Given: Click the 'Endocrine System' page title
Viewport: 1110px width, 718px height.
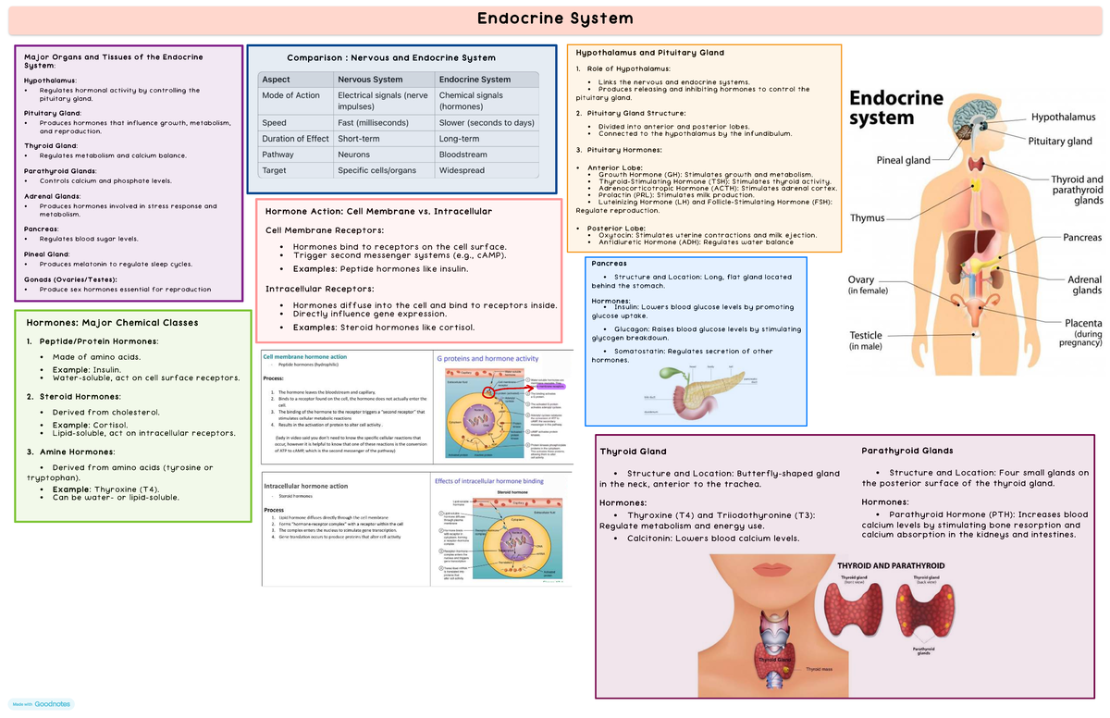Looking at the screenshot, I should [x=554, y=19].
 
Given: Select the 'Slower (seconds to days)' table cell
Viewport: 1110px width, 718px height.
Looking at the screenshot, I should [x=487, y=122].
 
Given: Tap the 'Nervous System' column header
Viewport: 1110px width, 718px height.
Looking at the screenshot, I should [x=370, y=80].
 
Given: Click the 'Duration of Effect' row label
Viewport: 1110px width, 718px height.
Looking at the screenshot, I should [x=295, y=139].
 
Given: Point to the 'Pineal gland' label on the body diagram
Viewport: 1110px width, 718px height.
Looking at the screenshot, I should [x=903, y=160].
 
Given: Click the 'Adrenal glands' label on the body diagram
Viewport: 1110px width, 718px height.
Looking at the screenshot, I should [x=1084, y=284].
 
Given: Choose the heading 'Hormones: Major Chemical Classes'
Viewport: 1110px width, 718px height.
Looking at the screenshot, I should [x=112, y=323].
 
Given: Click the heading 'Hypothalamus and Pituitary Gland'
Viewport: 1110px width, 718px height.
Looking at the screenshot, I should [x=649, y=53].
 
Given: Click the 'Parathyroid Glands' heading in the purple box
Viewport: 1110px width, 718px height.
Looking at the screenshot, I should [x=907, y=451].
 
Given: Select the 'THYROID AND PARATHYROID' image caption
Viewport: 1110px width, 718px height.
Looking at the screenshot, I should [x=890, y=564].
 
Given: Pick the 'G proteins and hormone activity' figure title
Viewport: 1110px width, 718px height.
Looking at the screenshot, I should [x=487, y=359].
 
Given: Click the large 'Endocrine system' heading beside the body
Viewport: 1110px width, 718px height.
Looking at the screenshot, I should [x=896, y=107].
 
